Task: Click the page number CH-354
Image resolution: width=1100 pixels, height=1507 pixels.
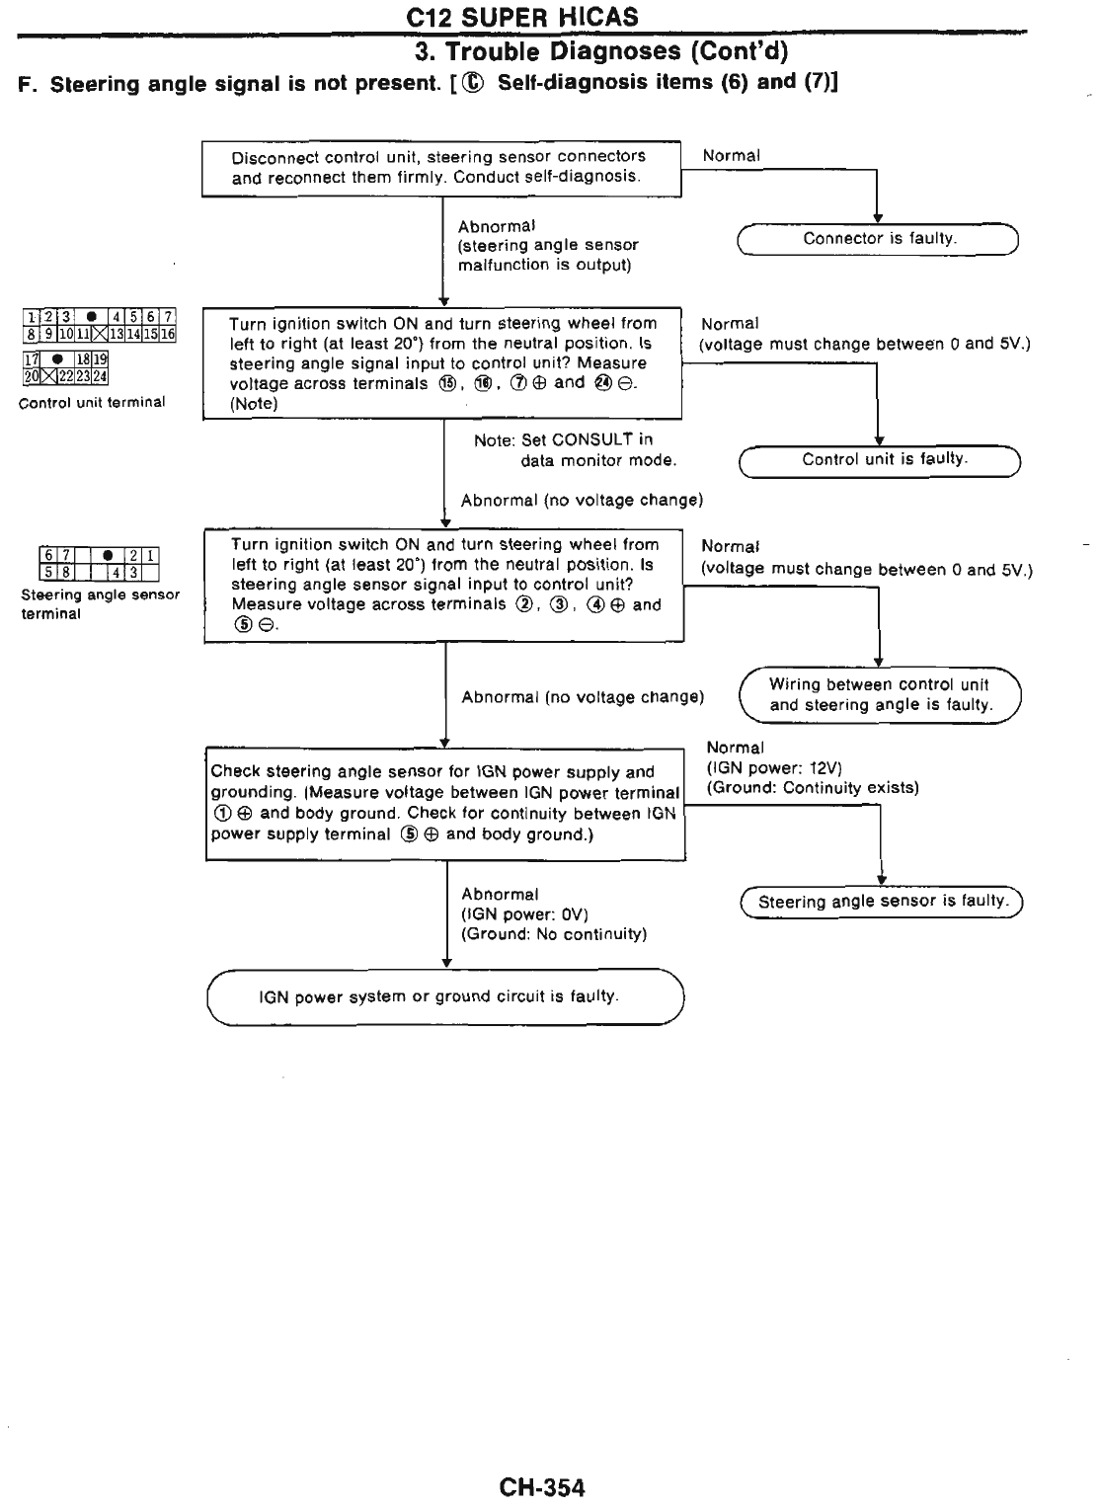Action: click(541, 1487)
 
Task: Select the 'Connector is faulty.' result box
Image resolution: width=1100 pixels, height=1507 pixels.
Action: click(878, 239)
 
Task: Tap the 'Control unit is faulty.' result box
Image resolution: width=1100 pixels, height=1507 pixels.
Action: click(880, 460)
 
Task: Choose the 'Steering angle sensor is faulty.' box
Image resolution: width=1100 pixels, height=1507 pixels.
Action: click(882, 902)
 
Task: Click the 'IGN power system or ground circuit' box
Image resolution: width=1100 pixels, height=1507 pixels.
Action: click(445, 997)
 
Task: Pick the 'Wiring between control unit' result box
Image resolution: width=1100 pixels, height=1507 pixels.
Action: click(880, 695)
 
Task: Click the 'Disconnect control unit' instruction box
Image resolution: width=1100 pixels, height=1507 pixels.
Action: click(441, 168)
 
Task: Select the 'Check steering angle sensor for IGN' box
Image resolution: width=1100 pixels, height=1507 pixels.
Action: click(445, 804)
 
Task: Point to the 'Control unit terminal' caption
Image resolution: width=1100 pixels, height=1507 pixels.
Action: click(93, 402)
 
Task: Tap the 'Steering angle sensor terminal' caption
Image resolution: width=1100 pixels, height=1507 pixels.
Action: click(99, 603)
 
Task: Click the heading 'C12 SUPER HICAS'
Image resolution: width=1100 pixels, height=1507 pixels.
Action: click(522, 17)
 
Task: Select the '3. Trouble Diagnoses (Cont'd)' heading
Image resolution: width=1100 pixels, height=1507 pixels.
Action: click(601, 50)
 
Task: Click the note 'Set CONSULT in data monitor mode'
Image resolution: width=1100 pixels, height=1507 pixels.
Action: click(576, 450)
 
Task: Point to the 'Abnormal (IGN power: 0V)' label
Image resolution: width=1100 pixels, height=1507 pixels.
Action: click(553, 913)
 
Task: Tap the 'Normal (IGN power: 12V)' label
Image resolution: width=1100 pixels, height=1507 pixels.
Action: click(813, 767)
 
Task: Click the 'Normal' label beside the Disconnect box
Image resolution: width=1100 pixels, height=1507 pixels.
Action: click(731, 156)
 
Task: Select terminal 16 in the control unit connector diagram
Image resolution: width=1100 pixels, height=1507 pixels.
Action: click(168, 335)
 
